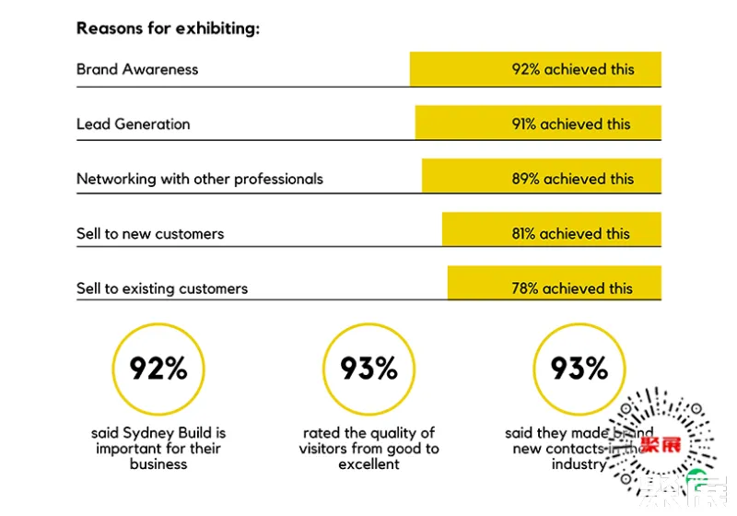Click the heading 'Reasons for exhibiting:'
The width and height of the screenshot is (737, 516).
(x=168, y=28)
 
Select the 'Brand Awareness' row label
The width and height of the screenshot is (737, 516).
(x=137, y=69)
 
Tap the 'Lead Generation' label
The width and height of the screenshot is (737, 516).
(x=134, y=123)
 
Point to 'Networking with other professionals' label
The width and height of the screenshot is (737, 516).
(x=200, y=179)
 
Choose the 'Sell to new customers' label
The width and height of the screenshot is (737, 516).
(x=150, y=233)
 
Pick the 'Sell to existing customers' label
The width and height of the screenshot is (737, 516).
(x=162, y=288)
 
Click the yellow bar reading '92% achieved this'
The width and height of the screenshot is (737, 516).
(x=535, y=69)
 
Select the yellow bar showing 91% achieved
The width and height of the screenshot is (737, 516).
(x=538, y=123)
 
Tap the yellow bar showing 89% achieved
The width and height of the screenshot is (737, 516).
(x=542, y=179)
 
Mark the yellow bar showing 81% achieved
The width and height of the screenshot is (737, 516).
(x=552, y=233)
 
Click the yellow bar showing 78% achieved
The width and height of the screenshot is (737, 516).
(x=555, y=287)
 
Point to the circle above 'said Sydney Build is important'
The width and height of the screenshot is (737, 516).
(x=158, y=369)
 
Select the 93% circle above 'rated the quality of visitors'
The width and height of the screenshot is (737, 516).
(x=368, y=369)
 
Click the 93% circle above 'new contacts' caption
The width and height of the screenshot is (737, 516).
(x=579, y=369)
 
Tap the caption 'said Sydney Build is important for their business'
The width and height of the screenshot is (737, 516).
(x=158, y=449)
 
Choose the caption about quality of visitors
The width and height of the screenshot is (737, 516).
(x=368, y=449)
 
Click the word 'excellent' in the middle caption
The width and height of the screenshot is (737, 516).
(x=368, y=464)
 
